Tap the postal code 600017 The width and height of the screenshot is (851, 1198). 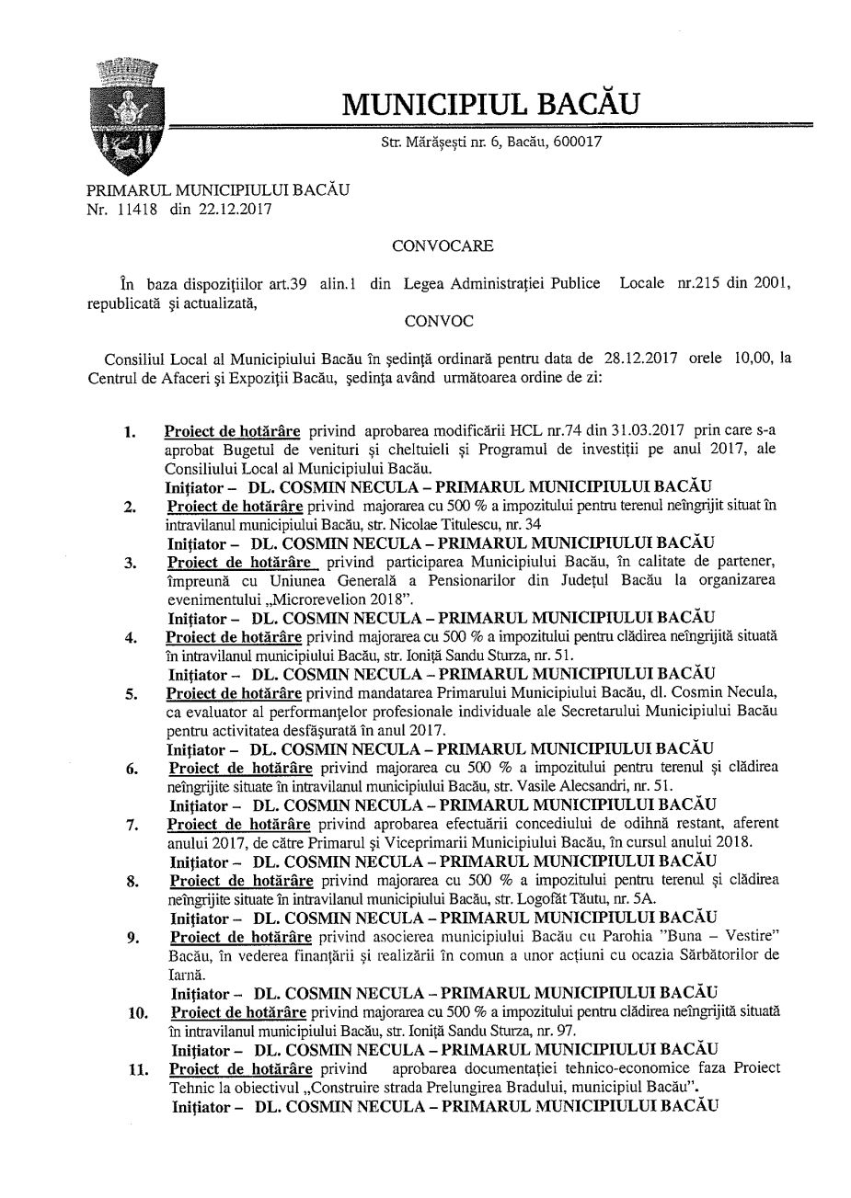[577, 142]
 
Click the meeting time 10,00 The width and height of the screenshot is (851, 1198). [753, 358]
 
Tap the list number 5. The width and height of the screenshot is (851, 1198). [132, 693]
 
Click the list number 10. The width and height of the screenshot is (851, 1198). [137, 1013]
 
